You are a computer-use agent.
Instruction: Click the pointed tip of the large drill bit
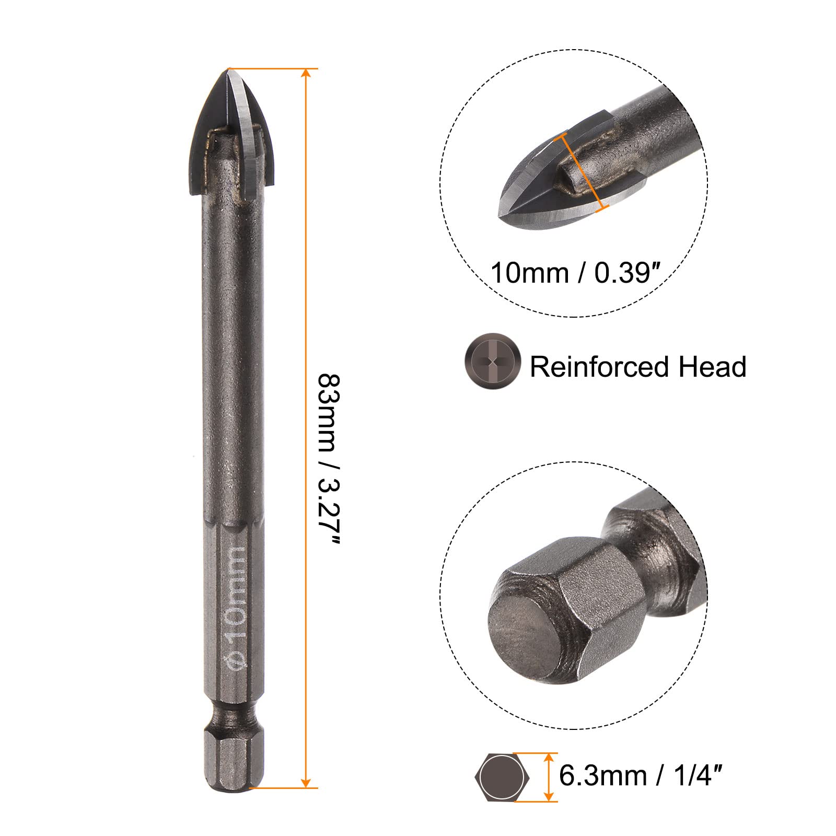(x=229, y=69)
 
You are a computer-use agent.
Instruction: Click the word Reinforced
(x=600, y=366)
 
